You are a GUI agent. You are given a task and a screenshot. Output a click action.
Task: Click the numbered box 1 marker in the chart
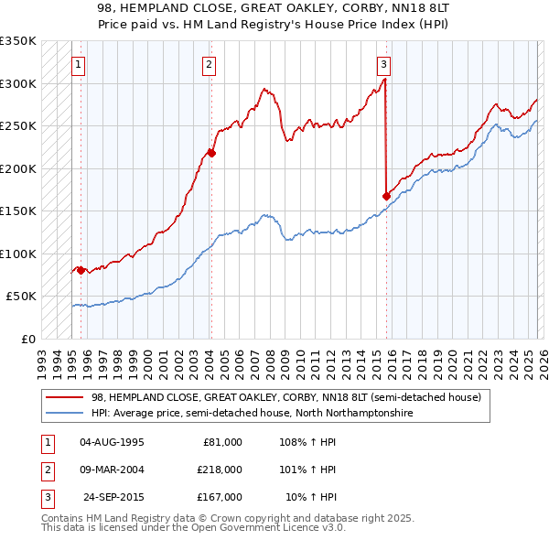pyautogui.click(x=79, y=64)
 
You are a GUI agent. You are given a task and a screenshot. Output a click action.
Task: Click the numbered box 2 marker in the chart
pyautogui.click(x=210, y=64)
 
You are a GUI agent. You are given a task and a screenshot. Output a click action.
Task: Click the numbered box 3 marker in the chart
pyautogui.click(x=382, y=64)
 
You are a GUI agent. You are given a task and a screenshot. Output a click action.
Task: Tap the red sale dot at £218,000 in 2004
pyautogui.click(x=210, y=153)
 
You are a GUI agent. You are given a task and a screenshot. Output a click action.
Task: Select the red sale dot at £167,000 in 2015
pyautogui.click(x=386, y=196)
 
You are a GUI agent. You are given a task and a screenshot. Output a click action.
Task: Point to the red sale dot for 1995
pyautogui.click(x=81, y=270)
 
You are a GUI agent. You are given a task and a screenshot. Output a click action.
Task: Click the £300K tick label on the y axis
pyautogui.click(x=18, y=83)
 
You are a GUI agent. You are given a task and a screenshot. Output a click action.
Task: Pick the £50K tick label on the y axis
pyautogui.click(x=21, y=297)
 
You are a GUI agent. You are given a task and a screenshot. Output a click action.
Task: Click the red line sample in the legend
pyautogui.click(x=66, y=396)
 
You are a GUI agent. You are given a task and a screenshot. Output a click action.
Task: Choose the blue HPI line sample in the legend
pyautogui.click(x=66, y=413)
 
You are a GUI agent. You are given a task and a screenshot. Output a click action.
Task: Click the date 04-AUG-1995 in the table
pyautogui.click(x=112, y=442)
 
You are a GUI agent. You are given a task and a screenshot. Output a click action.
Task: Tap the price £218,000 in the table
pyautogui.click(x=219, y=470)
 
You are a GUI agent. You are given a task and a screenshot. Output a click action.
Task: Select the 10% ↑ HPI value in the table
pyautogui.click(x=311, y=497)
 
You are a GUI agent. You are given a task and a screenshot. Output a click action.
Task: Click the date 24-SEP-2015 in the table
pyautogui.click(x=113, y=497)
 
